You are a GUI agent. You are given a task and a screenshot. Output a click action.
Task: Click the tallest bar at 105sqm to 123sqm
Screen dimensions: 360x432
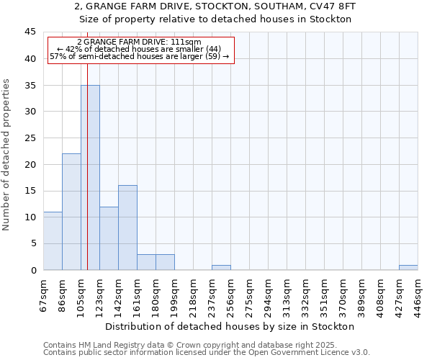tap(90, 177)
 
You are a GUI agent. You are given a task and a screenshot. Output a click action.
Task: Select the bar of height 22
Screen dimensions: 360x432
tap(71, 212)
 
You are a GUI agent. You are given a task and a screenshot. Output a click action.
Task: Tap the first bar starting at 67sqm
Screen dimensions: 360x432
tap(53, 240)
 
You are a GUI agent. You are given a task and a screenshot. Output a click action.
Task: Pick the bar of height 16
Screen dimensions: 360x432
tap(127, 228)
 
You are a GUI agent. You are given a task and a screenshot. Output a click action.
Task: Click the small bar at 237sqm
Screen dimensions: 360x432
tap(221, 267)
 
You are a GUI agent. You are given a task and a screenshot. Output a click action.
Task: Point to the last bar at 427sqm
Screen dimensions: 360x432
tap(408, 267)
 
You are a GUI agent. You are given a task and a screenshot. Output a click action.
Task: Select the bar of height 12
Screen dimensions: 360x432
tap(109, 238)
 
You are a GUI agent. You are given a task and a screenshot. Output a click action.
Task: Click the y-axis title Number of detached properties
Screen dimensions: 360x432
tap(7, 155)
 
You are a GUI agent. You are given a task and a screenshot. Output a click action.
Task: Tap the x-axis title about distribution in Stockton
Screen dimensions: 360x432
tap(235, 327)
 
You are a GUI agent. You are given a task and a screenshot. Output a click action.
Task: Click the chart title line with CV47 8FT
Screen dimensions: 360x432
tap(215, 6)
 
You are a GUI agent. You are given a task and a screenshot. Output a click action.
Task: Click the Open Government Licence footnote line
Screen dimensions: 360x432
tap(207, 353)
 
